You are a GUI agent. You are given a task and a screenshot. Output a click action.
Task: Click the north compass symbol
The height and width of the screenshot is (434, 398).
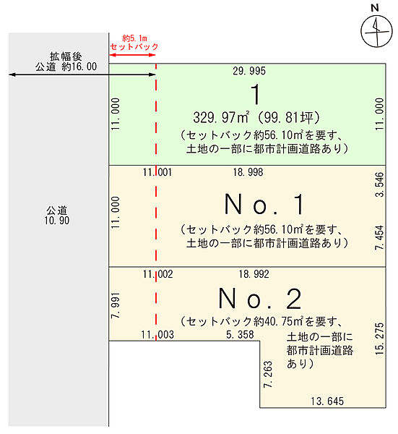(x=376, y=31)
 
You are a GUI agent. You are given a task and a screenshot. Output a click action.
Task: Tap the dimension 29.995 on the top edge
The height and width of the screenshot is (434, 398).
(x=249, y=71)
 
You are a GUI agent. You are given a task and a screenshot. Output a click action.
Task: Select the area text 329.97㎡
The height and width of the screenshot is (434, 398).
(x=221, y=117)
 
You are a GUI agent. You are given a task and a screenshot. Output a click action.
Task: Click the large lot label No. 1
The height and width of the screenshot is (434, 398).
(x=264, y=205)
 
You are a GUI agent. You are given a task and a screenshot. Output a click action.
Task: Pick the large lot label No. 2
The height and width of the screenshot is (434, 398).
(x=260, y=299)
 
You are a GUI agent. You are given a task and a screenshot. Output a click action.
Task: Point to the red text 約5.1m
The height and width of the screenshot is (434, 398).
(x=134, y=38)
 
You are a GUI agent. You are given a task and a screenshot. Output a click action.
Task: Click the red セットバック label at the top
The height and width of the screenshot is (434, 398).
(x=134, y=46)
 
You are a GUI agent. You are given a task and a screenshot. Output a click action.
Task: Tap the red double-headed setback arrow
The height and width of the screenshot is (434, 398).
(x=132, y=55)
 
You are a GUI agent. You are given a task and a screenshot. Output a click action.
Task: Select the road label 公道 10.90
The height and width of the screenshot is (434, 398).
(x=57, y=216)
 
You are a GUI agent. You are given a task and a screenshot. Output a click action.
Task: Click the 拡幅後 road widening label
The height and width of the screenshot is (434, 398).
(x=66, y=56)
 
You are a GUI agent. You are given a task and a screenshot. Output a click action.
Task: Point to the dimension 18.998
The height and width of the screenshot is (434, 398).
(x=248, y=172)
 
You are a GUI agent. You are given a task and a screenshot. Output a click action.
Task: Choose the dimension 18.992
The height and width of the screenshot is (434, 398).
(x=254, y=274)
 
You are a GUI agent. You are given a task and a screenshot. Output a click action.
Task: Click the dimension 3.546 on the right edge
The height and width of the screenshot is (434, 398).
(x=380, y=184)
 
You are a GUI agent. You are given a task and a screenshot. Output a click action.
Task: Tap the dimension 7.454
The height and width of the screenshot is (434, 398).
(x=380, y=238)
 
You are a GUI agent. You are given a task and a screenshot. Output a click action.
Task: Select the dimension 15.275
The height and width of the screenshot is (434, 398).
(x=380, y=339)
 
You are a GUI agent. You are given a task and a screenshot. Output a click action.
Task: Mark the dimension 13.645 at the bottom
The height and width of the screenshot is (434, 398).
(x=327, y=401)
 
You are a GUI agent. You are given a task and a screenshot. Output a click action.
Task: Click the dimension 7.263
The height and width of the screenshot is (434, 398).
(x=268, y=374)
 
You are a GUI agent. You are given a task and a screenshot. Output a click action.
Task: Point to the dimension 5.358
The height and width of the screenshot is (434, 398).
(x=240, y=335)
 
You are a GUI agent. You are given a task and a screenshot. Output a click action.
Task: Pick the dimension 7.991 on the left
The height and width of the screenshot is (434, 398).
(x=116, y=305)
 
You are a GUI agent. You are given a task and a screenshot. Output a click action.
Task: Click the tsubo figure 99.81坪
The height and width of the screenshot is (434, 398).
(x=288, y=118)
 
